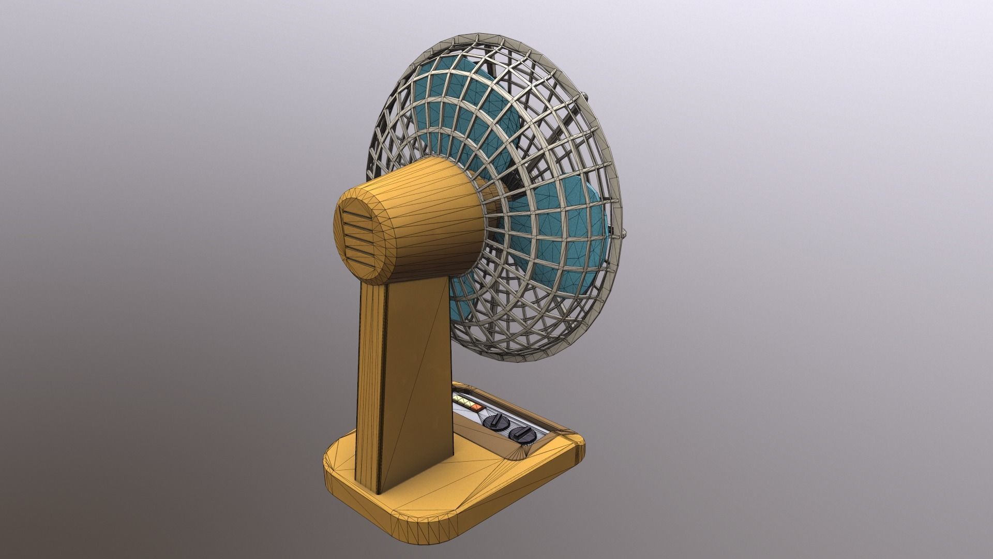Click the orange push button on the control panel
[476, 407]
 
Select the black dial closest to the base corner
[521, 433]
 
